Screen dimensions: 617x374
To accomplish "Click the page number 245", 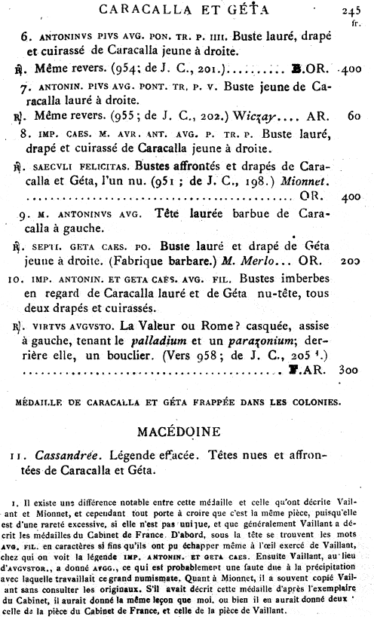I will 351,10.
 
